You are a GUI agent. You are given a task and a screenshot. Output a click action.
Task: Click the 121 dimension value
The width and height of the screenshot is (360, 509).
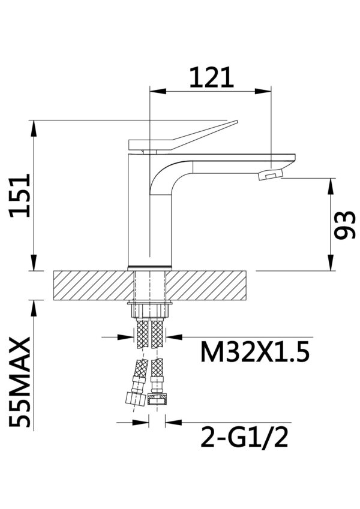[x=211, y=77]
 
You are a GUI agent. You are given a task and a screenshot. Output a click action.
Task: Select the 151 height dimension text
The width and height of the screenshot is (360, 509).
[x=20, y=195]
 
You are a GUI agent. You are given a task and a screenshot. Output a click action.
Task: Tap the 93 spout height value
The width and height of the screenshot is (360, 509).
[x=345, y=225]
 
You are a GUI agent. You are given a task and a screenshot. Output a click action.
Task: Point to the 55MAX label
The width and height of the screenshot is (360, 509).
[x=20, y=382]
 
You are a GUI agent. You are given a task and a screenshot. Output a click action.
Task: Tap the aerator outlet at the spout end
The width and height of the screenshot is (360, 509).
[x=268, y=176]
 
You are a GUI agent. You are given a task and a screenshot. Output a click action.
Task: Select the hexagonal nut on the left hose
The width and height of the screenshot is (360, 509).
[x=135, y=398]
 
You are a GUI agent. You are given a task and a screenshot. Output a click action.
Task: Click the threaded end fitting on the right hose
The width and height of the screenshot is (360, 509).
[x=158, y=398]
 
